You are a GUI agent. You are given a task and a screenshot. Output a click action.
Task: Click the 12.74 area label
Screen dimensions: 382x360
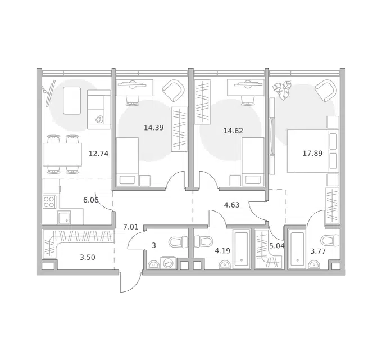click(x=98, y=154)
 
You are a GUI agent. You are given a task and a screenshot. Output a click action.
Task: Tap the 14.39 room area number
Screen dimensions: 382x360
click(x=154, y=128)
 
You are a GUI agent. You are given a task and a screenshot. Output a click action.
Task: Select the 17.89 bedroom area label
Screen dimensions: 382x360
click(x=312, y=153)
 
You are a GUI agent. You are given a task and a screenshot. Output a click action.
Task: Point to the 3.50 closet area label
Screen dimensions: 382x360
click(x=88, y=257)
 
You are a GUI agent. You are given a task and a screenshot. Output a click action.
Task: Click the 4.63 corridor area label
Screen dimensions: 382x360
click(x=231, y=205)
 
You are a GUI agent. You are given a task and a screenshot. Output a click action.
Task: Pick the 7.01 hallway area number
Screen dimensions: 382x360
click(x=131, y=227)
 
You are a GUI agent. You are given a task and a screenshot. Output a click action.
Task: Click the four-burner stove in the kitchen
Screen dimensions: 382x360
click(x=49, y=202)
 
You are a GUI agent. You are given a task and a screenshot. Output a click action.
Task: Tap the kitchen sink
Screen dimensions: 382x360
click(x=64, y=218)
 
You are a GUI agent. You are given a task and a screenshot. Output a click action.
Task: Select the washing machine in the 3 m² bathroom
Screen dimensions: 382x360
click(x=169, y=263)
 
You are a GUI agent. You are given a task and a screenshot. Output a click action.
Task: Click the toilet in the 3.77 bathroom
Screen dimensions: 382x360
click(x=330, y=241)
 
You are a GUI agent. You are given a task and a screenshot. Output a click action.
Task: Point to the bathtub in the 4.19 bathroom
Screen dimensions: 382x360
click(x=242, y=249)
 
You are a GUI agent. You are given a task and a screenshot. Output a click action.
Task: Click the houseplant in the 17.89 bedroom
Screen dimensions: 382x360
click(x=282, y=90)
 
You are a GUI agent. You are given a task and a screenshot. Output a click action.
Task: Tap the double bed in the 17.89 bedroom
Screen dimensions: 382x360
click(x=313, y=151)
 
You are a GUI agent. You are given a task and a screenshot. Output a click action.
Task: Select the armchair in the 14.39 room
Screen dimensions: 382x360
click(x=173, y=91)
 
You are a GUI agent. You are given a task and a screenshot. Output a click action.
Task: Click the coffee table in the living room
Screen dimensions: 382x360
click(x=72, y=101)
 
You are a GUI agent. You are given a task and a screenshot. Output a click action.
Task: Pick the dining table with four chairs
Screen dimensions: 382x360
click(x=62, y=154)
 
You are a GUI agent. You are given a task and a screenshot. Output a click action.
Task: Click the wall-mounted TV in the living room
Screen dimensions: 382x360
click(x=49, y=93)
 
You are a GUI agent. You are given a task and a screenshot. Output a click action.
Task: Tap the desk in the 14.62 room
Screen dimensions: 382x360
click(x=245, y=87)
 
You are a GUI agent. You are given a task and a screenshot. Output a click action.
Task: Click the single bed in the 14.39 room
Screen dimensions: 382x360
click(x=128, y=161)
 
